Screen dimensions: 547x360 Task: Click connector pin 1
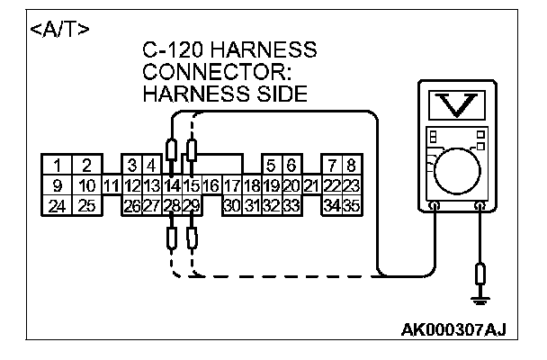pos(58,166)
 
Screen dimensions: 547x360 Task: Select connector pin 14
pos(172,185)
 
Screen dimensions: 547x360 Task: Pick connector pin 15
pos(192,185)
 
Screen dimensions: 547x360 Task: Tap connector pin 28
pos(172,205)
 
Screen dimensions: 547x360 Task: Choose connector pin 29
pos(191,205)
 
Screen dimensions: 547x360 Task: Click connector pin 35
pos(352,205)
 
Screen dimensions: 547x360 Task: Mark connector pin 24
pos(58,205)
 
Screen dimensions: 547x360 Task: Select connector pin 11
pos(112,185)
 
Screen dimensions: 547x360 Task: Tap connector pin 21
pos(311,185)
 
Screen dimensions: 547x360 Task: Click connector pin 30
pos(232,205)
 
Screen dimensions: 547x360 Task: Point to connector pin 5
pos(272,166)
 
